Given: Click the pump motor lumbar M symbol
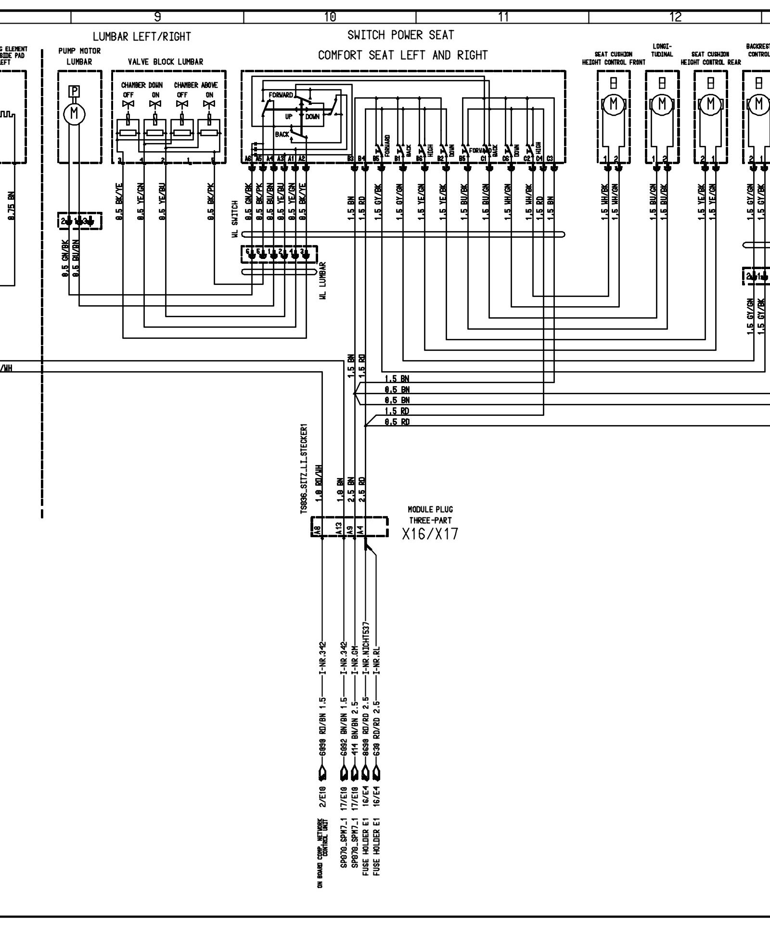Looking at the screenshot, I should click(74, 113).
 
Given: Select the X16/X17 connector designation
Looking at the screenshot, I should click(430, 533).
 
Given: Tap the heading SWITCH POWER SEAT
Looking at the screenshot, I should click(400, 35).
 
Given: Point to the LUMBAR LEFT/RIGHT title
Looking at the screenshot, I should click(142, 37).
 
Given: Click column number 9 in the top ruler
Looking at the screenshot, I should click(157, 17).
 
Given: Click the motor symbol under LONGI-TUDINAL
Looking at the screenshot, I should click(662, 103).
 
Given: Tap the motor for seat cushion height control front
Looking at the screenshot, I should click(613, 103).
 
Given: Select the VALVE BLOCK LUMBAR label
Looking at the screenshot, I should click(165, 62).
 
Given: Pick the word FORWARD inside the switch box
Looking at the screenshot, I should click(281, 95).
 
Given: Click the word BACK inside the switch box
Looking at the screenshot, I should click(282, 134).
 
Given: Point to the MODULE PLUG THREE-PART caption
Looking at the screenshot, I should click(430, 515).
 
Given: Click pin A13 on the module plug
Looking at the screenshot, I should click(339, 529).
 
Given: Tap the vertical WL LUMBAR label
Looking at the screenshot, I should click(322, 281).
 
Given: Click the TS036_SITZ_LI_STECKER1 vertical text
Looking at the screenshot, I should click(304, 469).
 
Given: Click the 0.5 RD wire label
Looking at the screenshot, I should click(397, 422).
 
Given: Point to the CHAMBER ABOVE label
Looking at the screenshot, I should click(196, 85).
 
